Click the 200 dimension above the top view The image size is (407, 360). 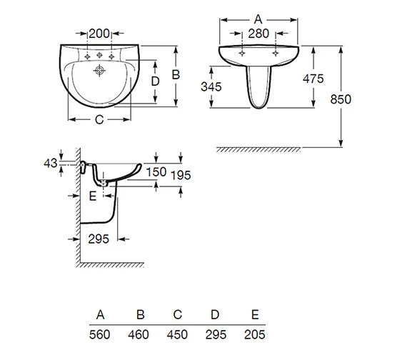99,33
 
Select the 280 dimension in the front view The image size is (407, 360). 259,34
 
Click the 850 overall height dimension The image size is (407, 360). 341,100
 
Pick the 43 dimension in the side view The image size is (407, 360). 49,164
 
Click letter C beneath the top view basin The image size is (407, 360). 100,120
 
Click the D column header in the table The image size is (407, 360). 216,315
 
